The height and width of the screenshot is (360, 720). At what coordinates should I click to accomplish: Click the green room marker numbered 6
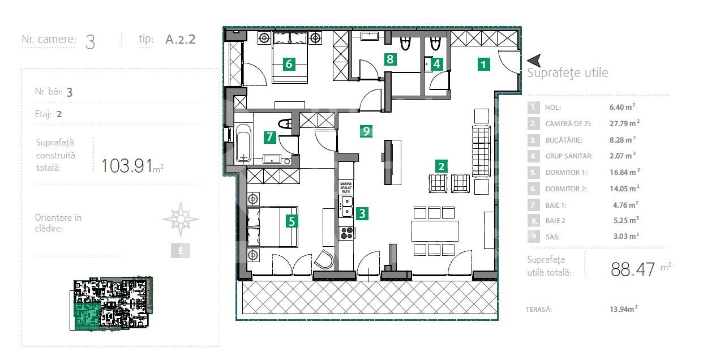(x=289, y=63)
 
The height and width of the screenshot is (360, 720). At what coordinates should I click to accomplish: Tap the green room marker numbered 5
(x=292, y=221)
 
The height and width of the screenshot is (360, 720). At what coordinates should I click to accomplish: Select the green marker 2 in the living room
(x=442, y=166)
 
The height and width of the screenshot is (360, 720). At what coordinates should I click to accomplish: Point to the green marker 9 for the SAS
(x=366, y=131)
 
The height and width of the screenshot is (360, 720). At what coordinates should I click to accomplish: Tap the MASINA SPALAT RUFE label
(x=346, y=188)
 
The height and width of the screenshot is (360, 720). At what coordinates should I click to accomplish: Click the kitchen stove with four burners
(x=346, y=233)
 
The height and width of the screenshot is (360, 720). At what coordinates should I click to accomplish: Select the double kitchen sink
(x=346, y=206)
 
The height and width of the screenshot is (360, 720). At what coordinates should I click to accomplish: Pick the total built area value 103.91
(x=127, y=166)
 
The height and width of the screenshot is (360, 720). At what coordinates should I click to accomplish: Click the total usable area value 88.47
(x=633, y=268)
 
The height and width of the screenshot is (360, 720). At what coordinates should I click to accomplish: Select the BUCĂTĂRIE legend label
(x=564, y=139)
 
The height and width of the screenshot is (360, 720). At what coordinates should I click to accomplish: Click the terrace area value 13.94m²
(x=620, y=309)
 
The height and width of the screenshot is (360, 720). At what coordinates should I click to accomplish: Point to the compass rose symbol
(x=181, y=219)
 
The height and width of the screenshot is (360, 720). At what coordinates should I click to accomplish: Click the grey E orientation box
(x=181, y=251)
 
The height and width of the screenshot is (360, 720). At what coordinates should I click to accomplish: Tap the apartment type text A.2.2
(x=181, y=40)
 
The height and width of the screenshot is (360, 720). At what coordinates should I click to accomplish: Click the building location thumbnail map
(x=113, y=303)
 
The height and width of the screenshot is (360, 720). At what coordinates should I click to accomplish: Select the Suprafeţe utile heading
(x=567, y=73)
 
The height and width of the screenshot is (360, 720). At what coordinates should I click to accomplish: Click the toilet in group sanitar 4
(x=435, y=44)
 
